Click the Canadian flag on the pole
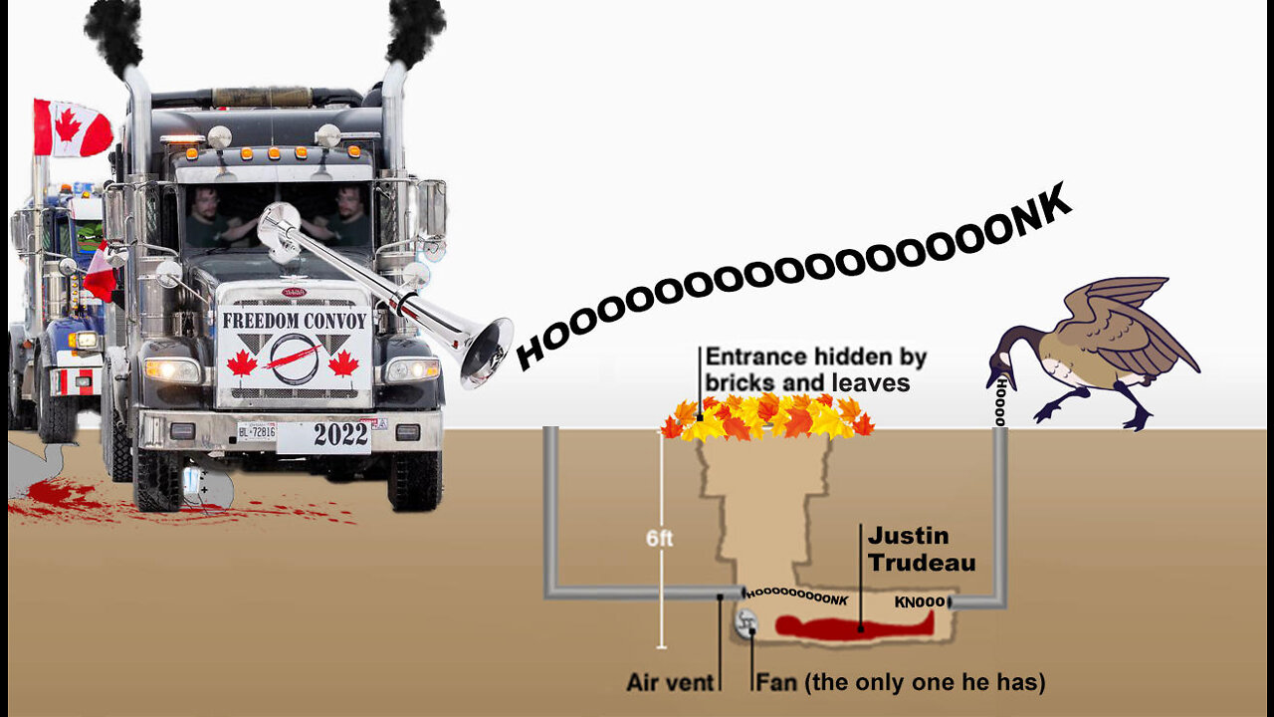[x=72, y=128]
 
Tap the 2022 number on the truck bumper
[x=341, y=434]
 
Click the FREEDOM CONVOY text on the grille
[x=295, y=321]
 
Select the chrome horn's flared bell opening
[x=488, y=351]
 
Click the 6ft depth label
[x=659, y=539]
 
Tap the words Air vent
[x=670, y=683]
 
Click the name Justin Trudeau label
[x=921, y=549]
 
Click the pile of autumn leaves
[x=766, y=416]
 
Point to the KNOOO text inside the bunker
[x=920, y=602]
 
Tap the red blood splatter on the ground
[x=60, y=494]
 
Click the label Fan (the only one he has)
[x=900, y=683]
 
